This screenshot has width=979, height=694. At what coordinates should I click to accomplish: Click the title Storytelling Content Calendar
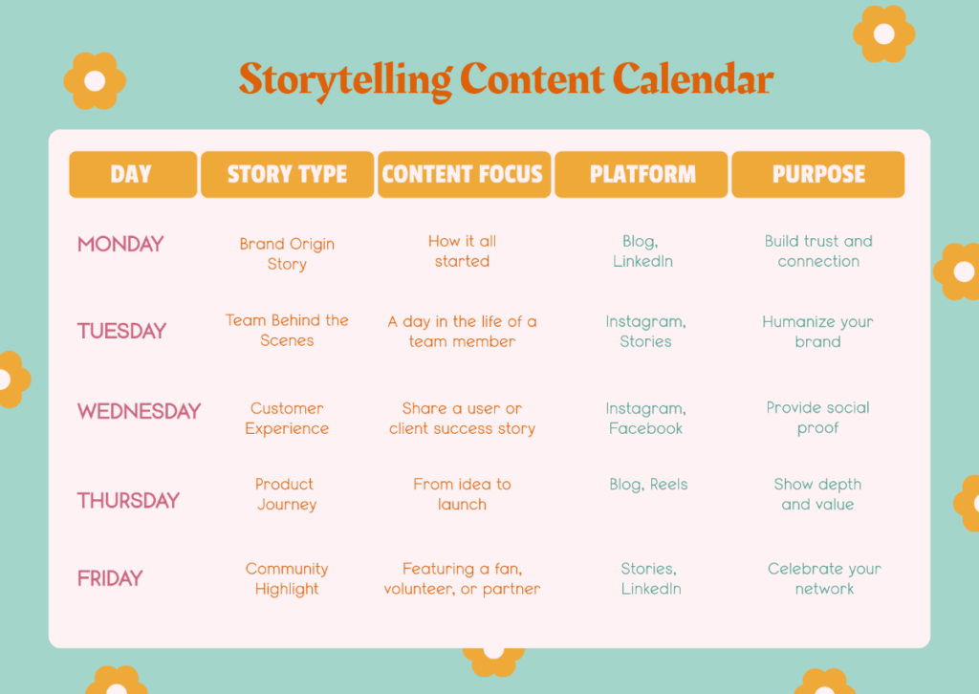(506, 80)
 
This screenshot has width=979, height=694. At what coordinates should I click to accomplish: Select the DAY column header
(132, 175)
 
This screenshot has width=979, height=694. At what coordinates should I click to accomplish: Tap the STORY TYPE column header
(287, 175)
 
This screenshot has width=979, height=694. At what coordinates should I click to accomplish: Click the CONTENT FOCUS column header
(463, 175)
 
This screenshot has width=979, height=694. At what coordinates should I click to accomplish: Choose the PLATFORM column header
(642, 175)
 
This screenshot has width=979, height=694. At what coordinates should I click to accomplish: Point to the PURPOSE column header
(818, 175)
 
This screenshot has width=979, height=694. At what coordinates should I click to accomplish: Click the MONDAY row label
(120, 245)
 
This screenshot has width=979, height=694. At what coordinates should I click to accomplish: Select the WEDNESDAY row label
(139, 411)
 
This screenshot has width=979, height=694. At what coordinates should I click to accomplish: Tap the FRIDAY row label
(110, 578)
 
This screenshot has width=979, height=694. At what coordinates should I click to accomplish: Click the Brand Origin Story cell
(287, 253)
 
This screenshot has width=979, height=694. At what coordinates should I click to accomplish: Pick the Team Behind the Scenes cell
(287, 330)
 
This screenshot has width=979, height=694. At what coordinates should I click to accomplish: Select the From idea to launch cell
(462, 494)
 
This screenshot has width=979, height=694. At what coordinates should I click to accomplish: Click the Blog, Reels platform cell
(648, 485)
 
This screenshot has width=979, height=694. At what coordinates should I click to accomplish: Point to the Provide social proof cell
(818, 418)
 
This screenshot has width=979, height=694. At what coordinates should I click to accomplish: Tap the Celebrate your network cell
(824, 578)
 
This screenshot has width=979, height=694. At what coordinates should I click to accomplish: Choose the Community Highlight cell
(287, 578)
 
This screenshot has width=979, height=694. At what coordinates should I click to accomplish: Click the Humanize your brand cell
(817, 332)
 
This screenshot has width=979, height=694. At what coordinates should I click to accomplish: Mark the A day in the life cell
(462, 332)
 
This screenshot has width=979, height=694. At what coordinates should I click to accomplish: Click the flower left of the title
(95, 81)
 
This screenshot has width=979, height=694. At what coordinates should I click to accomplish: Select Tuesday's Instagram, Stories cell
(645, 332)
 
